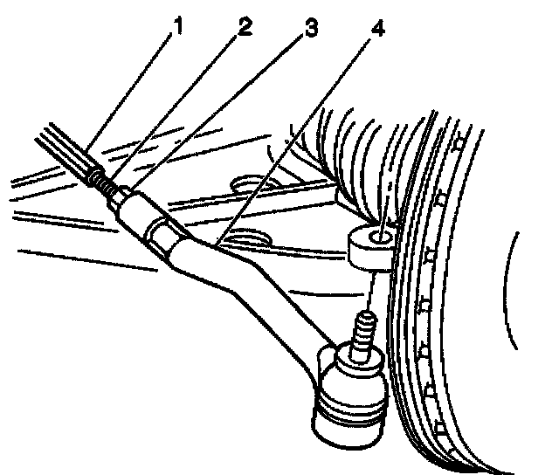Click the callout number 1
(x=177, y=26)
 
